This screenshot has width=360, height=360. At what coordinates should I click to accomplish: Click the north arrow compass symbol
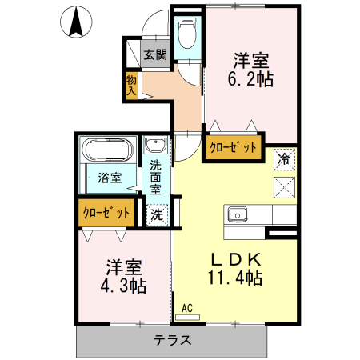[x=77, y=22]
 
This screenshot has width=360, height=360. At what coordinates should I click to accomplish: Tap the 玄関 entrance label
[x=155, y=54]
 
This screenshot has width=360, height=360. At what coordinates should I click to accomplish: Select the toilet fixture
[x=186, y=36]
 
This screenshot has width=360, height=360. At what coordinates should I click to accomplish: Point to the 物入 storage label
[x=131, y=85]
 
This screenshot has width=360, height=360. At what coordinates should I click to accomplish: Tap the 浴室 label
[x=110, y=178]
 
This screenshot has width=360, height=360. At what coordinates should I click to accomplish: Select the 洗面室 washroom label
[x=155, y=178]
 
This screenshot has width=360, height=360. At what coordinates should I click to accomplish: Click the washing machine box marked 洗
[x=157, y=214]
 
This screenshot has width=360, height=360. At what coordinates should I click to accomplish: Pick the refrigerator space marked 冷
[x=282, y=159]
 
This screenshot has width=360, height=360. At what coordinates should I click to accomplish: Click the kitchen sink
[x=238, y=214]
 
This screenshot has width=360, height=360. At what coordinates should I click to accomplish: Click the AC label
[x=187, y=307]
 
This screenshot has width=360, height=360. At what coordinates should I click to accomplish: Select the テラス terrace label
[x=172, y=339]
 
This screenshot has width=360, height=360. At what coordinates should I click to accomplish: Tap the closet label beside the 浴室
[x=107, y=213]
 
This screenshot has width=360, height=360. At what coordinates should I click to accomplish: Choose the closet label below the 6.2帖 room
[x=234, y=148]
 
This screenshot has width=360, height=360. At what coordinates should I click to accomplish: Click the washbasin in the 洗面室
[x=155, y=146]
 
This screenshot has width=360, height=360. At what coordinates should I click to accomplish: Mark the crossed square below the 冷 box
[x=284, y=186]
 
